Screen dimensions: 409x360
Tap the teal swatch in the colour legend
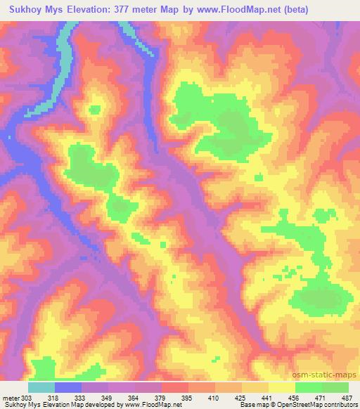click(x=41, y=387)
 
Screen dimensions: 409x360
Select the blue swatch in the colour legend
click(x=68, y=387)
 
